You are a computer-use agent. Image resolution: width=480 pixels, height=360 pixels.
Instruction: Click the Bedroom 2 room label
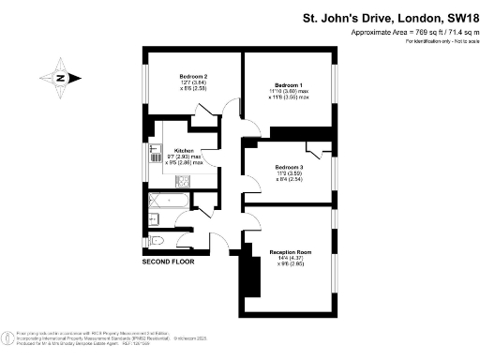[192, 76]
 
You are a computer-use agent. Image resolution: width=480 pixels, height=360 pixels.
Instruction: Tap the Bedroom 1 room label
[287, 82]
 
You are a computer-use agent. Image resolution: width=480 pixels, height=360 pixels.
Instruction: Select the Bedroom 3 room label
[288, 165]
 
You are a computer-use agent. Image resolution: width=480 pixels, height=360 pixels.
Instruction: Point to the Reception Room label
[290, 252]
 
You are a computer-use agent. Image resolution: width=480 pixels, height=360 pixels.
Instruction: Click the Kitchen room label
[184, 150]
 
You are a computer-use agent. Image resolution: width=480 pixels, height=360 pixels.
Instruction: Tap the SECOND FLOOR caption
[168, 262]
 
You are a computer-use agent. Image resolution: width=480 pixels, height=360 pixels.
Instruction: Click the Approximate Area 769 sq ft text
[412, 32]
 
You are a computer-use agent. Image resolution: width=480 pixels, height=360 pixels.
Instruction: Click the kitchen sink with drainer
[153, 155]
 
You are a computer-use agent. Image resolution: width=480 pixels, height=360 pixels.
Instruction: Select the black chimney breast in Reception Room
[250, 276]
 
